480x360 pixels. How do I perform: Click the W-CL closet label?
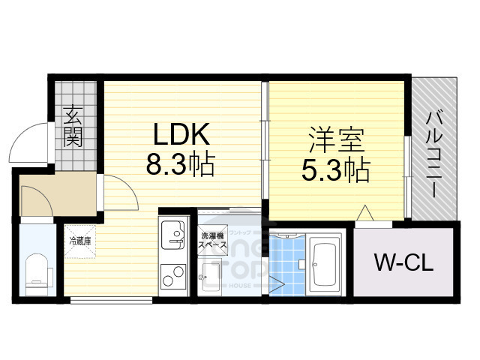tap(403, 264)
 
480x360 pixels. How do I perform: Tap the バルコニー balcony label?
tap(434, 152)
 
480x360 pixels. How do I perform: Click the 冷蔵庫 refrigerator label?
tap(80, 241)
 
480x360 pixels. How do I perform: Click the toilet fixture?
tap(36, 271)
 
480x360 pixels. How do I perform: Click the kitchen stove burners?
tap(173, 277)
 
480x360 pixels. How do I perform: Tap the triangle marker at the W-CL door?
tap(365, 214)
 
